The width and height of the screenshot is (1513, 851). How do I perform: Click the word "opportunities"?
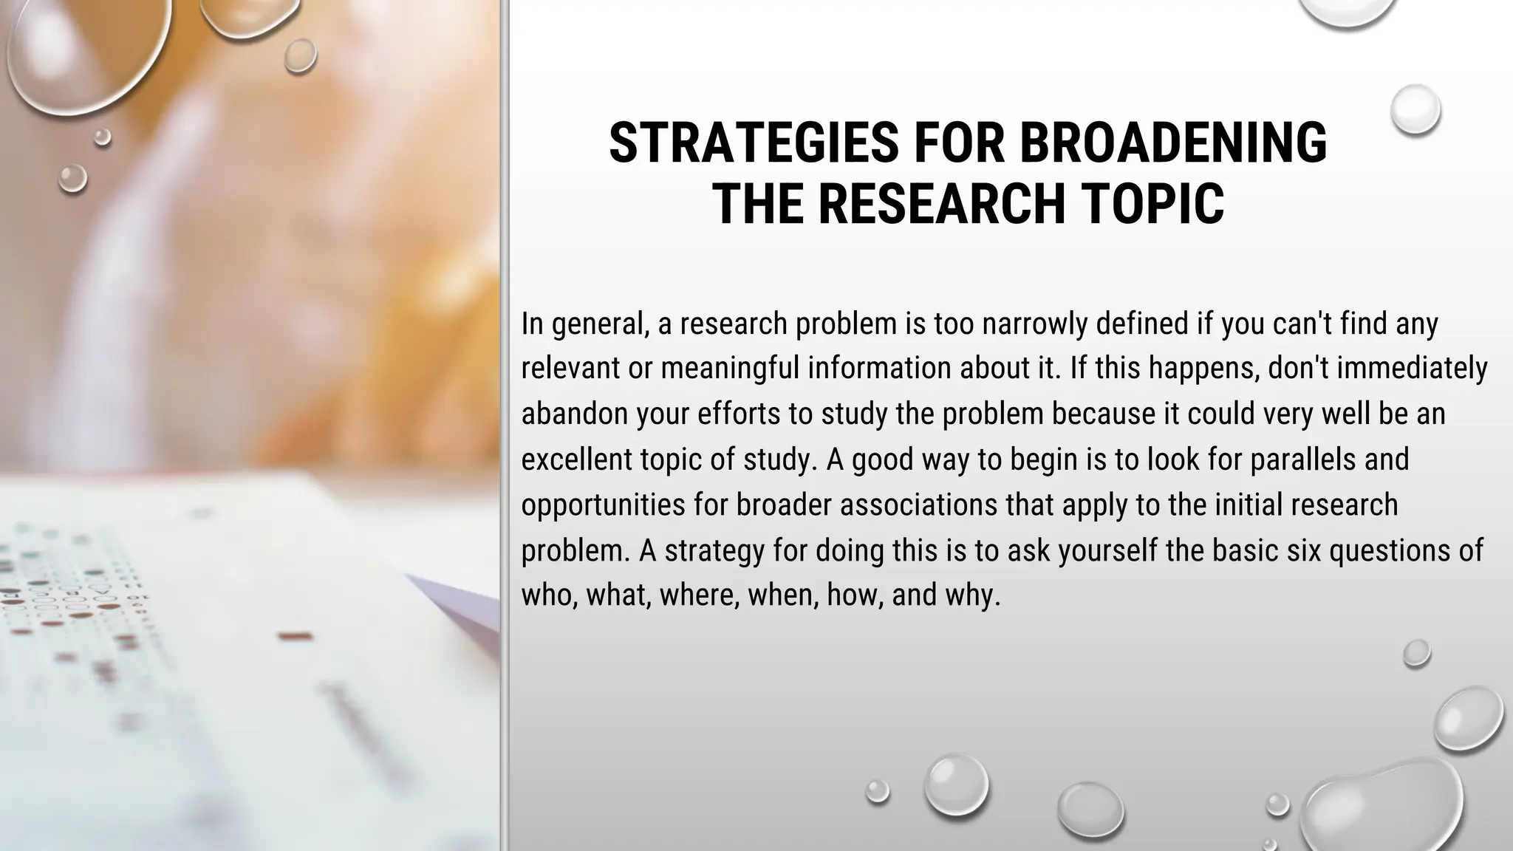[603, 505]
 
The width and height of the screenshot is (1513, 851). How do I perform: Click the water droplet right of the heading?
[1415, 109]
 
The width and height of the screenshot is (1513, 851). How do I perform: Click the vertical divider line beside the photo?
[505, 425]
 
